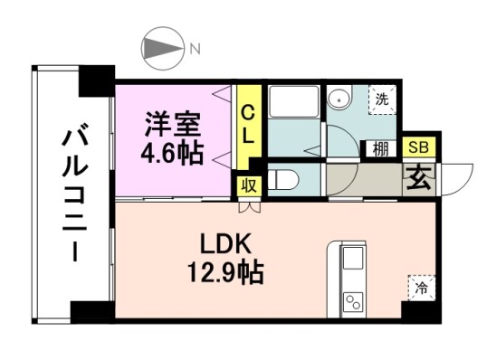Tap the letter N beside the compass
pos(194,49)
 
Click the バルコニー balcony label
pos(73,195)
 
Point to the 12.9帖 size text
pos(226,270)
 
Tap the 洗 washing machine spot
pos(382,99)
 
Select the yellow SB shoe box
pos(418,147)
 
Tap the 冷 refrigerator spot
pos(419,288)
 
